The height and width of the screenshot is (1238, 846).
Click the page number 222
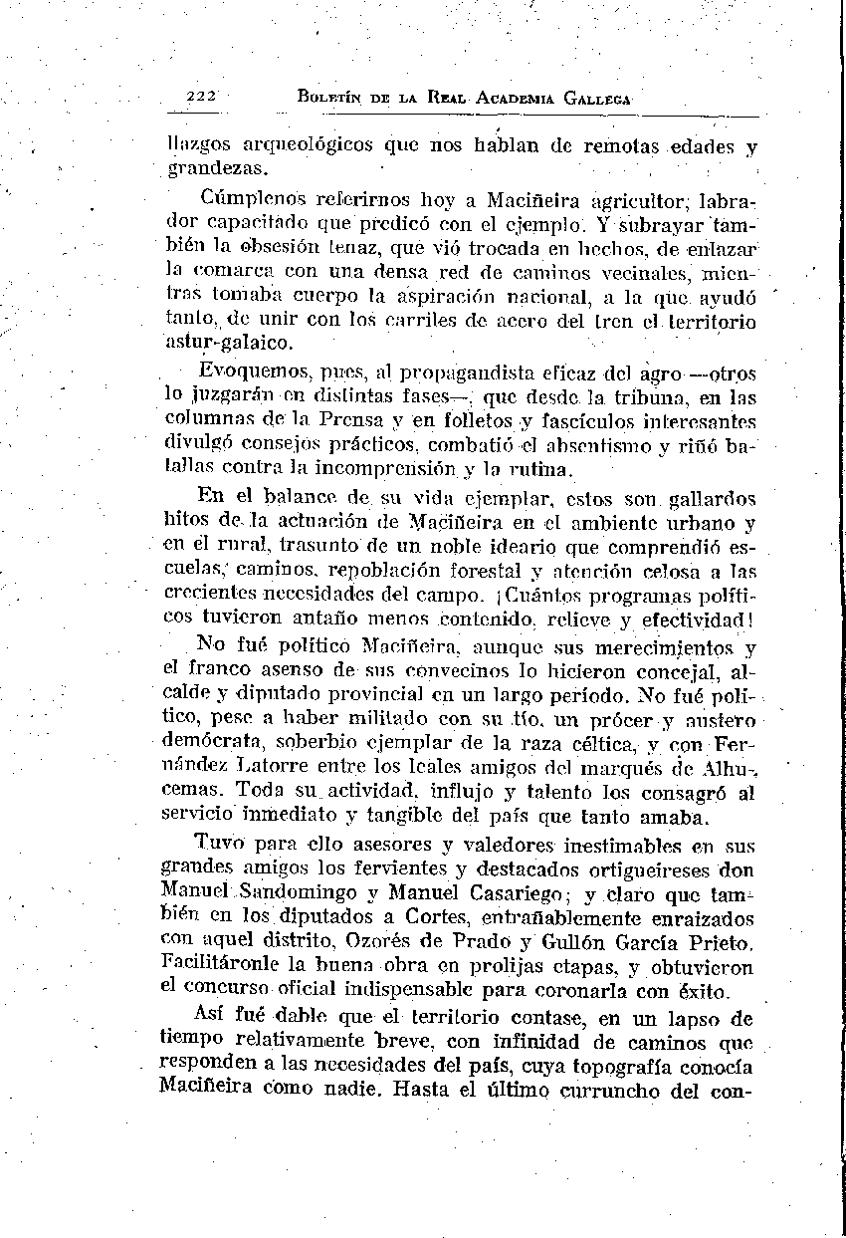[201, 97]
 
